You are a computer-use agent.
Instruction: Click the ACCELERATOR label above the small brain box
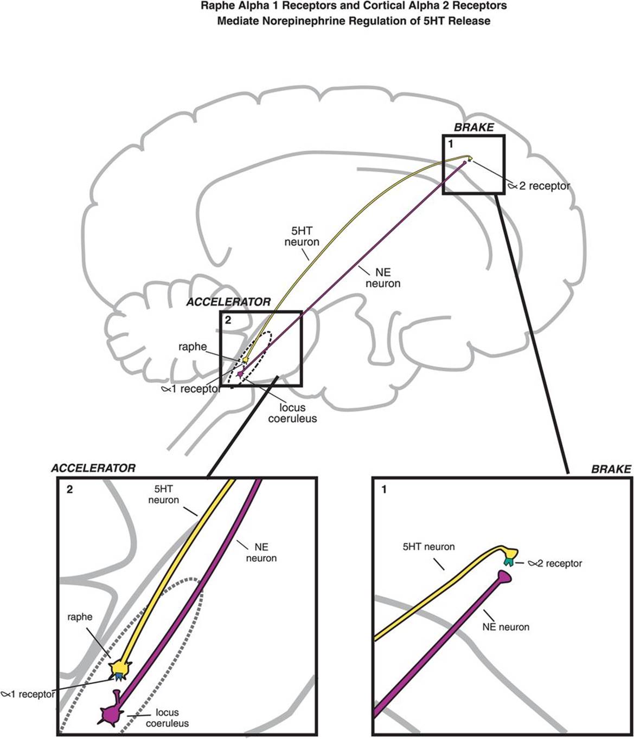(228, 302)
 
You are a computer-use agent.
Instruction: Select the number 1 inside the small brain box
(451, 145)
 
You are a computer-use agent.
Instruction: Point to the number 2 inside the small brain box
(228, 320)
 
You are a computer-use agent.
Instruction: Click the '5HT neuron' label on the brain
(302, 237)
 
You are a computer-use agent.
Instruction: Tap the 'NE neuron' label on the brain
(383, 278)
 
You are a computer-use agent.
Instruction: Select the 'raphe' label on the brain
(193, 347)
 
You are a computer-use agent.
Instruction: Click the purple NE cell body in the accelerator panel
(110, 714)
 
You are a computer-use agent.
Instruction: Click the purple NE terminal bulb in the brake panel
(504, 579)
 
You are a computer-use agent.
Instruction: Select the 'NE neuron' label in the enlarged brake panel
(505, 627)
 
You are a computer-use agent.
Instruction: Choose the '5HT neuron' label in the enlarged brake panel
(428, 547)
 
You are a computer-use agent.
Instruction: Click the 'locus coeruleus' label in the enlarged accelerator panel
(167, 718)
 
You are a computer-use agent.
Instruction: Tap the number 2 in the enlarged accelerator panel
(69, 490)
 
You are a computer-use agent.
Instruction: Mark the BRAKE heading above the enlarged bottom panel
(611, 469)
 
